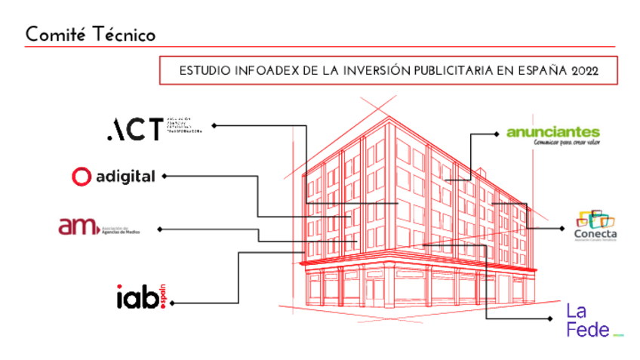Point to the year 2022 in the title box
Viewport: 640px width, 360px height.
coord(584,71)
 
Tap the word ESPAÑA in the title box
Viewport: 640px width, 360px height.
coord(538,71)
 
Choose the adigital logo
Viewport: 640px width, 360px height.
coord(113,177)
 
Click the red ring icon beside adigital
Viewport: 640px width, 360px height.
coord(81,177)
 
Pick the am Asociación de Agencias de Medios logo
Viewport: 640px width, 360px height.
coord(98,226)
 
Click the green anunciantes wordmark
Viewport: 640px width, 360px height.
coord(553,132)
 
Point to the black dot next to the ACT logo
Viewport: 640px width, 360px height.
coord(214,125)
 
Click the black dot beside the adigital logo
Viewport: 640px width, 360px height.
coord(164,176)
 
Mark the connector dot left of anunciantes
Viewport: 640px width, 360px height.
coord(497,134)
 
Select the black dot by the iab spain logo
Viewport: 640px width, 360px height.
coord(173,303)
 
